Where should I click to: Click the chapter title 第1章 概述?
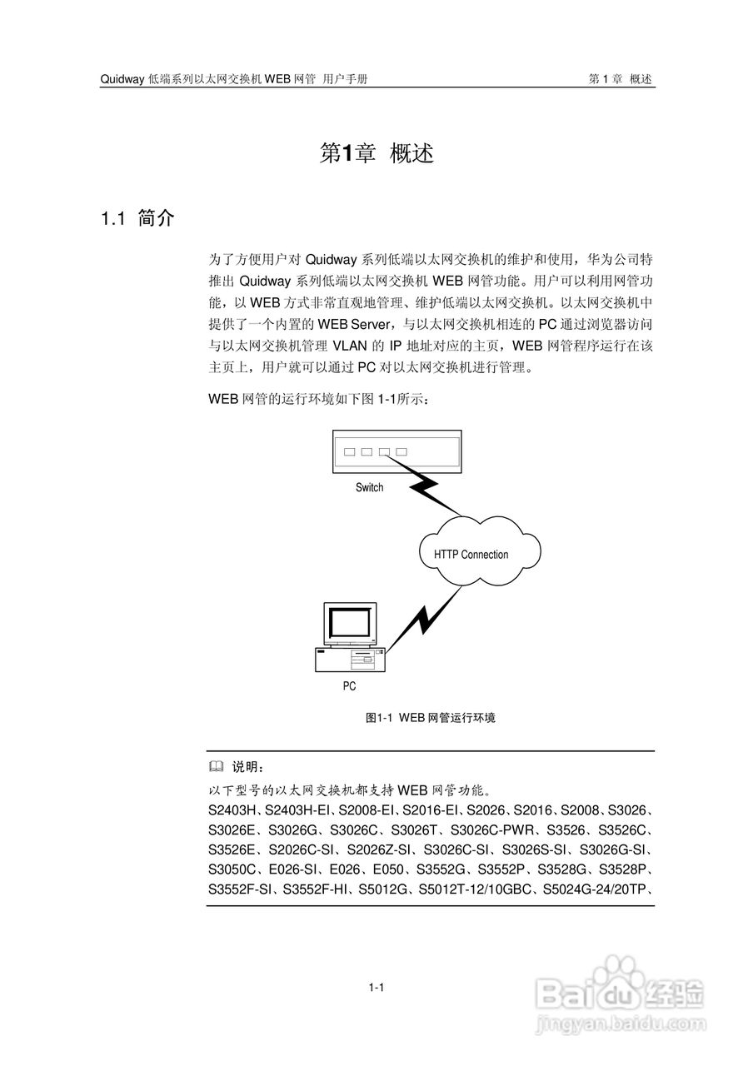376,153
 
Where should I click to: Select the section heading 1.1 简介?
137,219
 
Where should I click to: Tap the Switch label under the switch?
369,487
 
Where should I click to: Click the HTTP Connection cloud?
471,554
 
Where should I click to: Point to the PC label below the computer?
349,686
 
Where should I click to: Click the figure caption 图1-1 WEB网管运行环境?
431,717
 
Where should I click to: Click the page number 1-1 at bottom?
376,988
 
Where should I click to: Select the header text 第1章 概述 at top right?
620,79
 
